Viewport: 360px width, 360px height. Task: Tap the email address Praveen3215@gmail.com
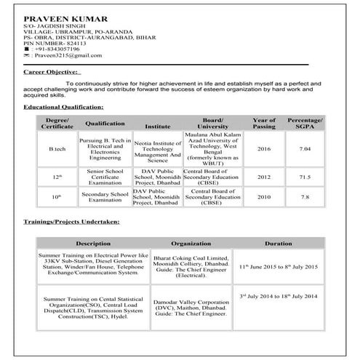coord(66,56)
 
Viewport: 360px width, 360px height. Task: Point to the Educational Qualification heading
coord(64,107)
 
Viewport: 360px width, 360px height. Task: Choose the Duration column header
coord(279,243)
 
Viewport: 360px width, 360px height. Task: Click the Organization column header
coord(191,243)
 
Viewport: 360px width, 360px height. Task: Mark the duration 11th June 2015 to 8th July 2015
coord(279,268)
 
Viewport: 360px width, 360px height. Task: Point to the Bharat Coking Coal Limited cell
coord(191,266)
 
